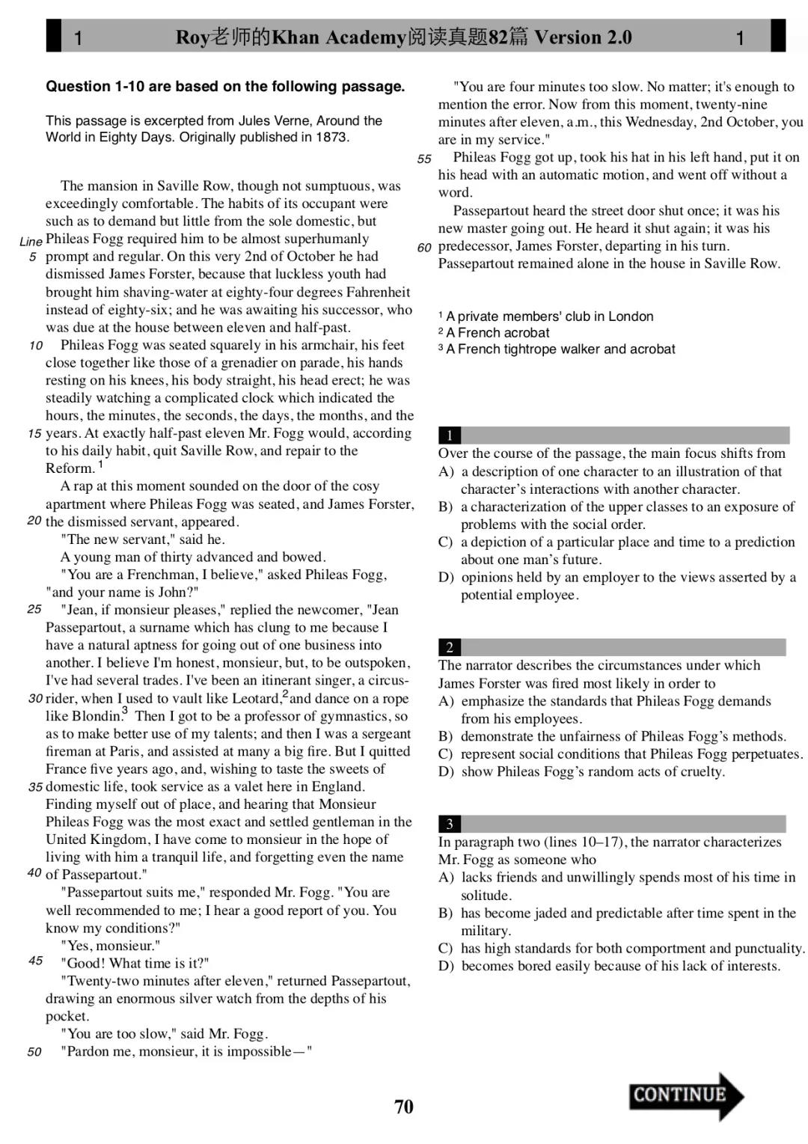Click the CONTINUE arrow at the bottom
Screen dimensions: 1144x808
click(x=685, y=1096)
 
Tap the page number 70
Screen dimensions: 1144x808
click(x=404, y=1107)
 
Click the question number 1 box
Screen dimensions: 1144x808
click(x=450, y=435)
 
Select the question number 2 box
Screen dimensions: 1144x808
click(x=450, y=647)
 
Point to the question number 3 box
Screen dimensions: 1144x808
click(x=450, y=824)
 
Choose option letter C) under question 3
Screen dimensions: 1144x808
click(x=446, y=949)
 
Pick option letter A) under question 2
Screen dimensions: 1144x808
click(x=447, y=701)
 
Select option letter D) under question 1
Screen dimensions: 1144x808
click(x=447, y=577)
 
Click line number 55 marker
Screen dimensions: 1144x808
click(x=424, y=159)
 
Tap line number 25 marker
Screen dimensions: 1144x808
click(x=34, y=609)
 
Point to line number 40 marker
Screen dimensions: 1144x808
click(x=34, y=873)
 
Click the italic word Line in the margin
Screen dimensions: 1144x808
click(x=31, y=242)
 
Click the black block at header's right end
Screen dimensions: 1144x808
click(x=778, y=35)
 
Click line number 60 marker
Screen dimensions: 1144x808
click(x=424, y=248)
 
